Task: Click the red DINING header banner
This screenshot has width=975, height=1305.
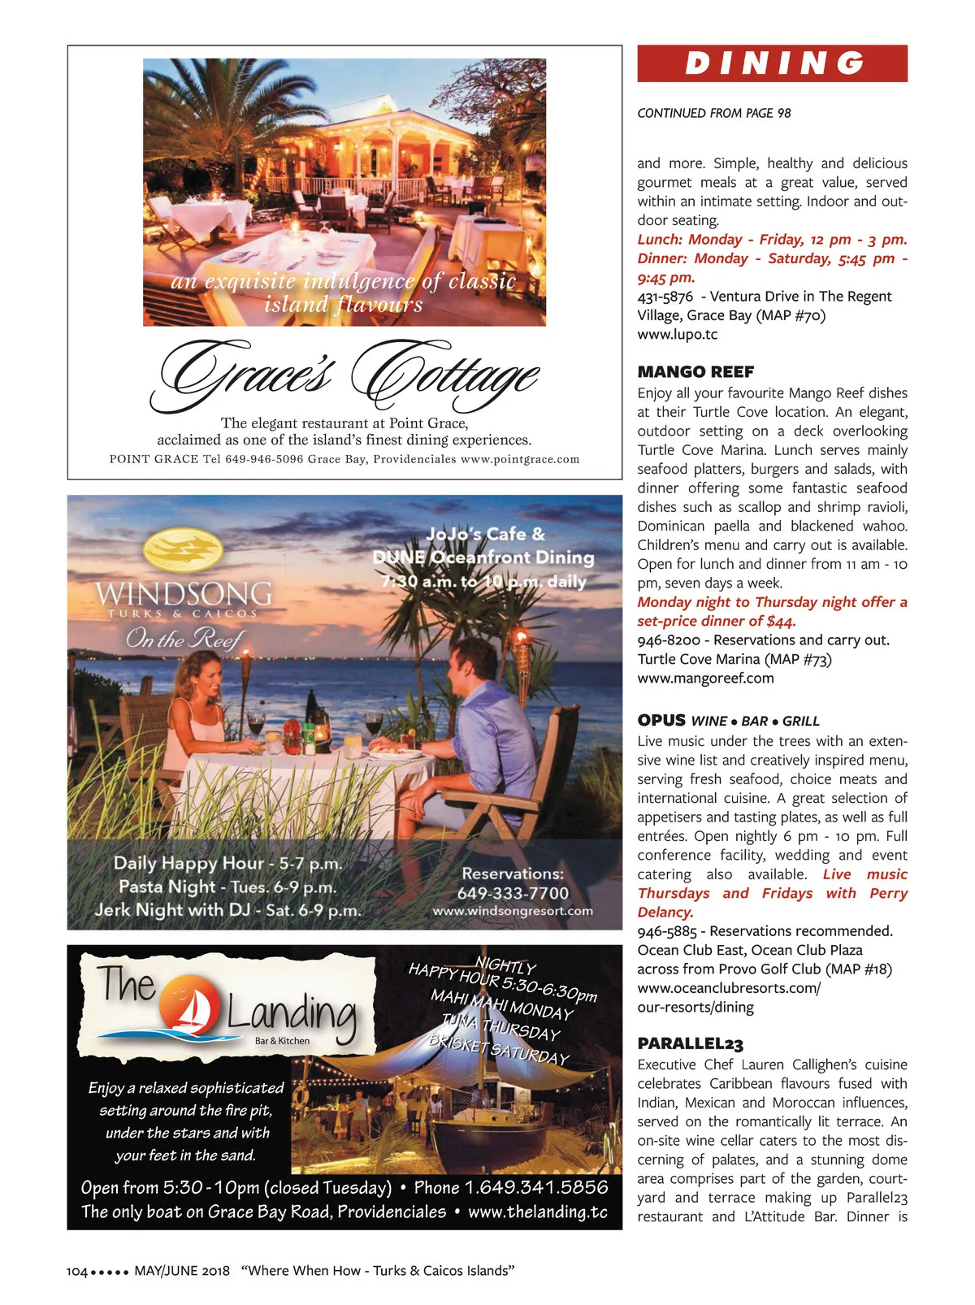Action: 772,63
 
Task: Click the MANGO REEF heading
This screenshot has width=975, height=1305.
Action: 695,372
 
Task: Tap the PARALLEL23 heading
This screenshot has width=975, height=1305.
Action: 690,1044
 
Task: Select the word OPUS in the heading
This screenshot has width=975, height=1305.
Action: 661,720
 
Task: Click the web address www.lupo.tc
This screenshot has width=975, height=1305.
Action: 677,334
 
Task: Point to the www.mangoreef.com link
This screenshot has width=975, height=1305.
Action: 705,678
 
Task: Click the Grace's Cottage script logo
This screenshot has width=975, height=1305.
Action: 345,375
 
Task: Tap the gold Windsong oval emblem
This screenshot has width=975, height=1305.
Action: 183,550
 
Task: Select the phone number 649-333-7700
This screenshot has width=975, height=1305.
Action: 513,893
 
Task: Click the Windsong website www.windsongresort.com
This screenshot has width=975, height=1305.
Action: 513,911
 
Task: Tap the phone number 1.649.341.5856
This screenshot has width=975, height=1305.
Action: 535,1187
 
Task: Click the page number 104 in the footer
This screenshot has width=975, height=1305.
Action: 76,1271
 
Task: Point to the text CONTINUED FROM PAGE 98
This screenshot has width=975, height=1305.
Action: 713,113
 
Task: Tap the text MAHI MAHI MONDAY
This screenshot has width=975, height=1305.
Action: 501,1004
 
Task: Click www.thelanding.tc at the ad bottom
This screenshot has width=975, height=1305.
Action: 538,1212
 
